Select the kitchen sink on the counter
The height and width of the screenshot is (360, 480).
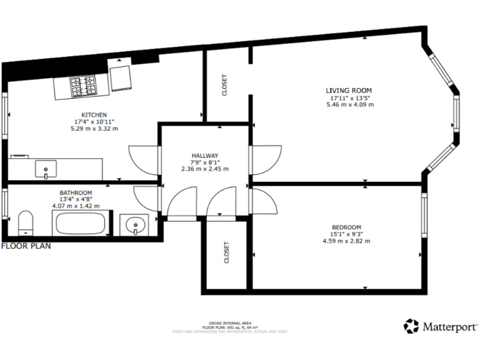[x=46, y=168]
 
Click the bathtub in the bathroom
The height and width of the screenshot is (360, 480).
[x=81, y=223]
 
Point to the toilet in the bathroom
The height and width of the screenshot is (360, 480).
[x=26, y=222]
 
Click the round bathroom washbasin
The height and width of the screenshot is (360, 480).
[x=134, y=224]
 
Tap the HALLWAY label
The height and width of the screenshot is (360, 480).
[x=204, y=155]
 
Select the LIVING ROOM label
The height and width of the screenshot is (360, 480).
[x=351, y=91]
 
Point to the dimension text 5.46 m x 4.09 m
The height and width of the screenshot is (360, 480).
[x=350, y=105]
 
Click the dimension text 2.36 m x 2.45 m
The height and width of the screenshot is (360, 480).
[x=204, y=169]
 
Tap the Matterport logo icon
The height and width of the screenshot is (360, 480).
[x=411, y=326]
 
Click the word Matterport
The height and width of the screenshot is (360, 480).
[x=450, y=326]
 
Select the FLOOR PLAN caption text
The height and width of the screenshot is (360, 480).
[x=26, y=246]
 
